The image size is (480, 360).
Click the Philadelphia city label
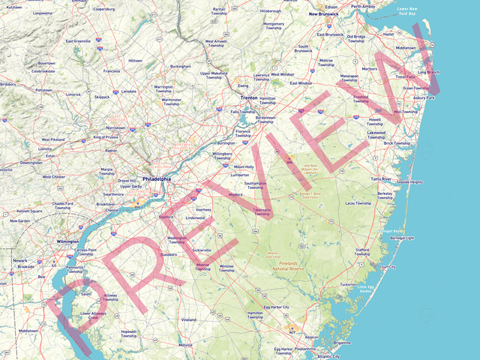[156, 179]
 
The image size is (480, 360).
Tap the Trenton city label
[248, 97]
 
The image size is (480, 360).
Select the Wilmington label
[68, 241]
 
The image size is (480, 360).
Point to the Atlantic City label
[328, 356]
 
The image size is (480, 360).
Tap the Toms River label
[381, 179]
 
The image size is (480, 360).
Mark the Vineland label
[188, 319]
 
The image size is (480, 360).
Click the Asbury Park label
[424, 97]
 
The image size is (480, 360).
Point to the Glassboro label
[168, 254]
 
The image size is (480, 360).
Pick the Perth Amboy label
[363, 6]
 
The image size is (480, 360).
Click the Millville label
[186, 344]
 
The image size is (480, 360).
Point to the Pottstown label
[43, 90]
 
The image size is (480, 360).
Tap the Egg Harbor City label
[274, 307]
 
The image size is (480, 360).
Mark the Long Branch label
[429, 72]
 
